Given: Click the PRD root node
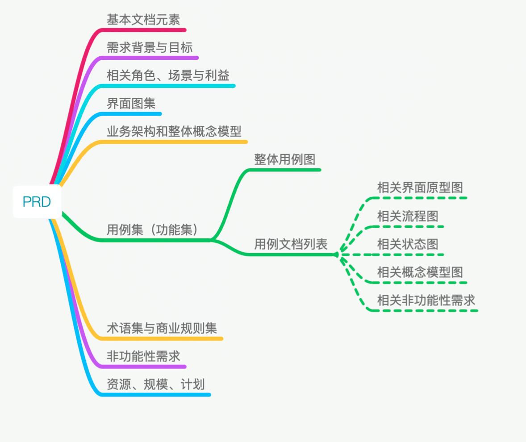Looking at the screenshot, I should coord(37,202).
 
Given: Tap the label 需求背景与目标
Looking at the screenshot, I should coord(150,47).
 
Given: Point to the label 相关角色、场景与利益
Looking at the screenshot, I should coord(168,75).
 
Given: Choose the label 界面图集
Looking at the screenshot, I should coord(131,104).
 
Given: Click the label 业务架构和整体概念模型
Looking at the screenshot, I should coord(174,132).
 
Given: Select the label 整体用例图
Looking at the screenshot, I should coord(285,159).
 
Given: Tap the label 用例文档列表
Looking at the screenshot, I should coord(291,244).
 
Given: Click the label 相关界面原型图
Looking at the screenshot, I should coord(420,188).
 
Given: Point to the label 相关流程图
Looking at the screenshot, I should coord(408,216).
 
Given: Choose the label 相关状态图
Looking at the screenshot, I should coord(408,244).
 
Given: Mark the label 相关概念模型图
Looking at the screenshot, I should coord(420,272).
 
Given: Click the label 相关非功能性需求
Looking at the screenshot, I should coord(426,300).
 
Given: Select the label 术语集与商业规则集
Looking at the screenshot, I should coord(162,329).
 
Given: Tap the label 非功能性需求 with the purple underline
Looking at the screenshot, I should coord(143,356).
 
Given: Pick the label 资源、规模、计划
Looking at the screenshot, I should coord(155,384).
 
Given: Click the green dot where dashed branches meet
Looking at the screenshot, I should coord(336,254).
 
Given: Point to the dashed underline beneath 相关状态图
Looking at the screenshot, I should coord(408,255).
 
